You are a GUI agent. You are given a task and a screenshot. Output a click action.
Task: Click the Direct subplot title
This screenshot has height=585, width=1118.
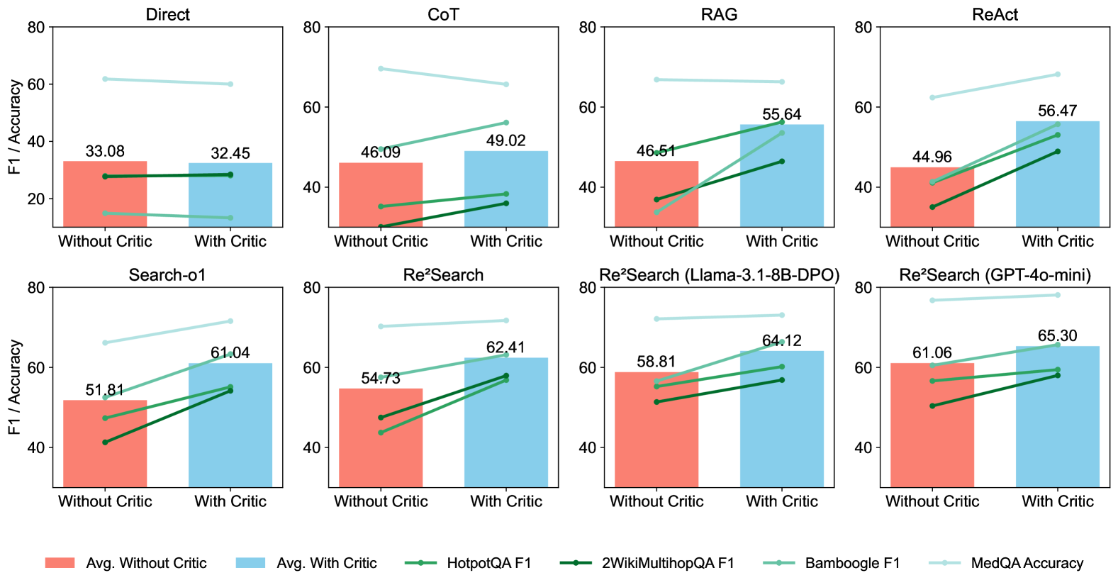coord(167,15)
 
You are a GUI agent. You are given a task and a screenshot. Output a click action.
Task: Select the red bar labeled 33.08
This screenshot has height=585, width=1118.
coord(105,194)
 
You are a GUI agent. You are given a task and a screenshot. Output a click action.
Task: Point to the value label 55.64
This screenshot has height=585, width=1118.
coord(781,115)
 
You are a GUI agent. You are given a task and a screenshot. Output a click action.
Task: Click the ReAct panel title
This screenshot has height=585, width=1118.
coord(995,15)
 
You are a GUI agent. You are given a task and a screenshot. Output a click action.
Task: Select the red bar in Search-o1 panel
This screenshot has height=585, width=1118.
coord(105,443)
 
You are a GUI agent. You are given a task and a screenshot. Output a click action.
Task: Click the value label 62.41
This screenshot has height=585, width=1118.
coord(505,347)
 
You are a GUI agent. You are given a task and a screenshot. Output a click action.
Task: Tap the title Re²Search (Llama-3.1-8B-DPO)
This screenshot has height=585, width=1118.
coord(719,275)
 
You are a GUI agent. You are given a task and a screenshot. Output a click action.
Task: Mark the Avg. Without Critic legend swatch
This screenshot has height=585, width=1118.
coord(60,563)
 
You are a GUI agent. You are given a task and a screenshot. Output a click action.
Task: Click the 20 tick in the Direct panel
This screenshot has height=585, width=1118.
coord(36,199)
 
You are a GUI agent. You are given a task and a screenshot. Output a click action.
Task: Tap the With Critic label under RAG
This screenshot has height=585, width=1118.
coord(781,242)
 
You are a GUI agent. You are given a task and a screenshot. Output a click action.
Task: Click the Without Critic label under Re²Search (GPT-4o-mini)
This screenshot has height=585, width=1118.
coord(932,502)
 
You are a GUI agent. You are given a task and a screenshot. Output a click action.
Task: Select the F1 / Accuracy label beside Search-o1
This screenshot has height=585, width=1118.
coord(15,387)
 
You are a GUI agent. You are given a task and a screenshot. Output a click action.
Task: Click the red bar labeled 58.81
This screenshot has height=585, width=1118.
coord(656,430)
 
